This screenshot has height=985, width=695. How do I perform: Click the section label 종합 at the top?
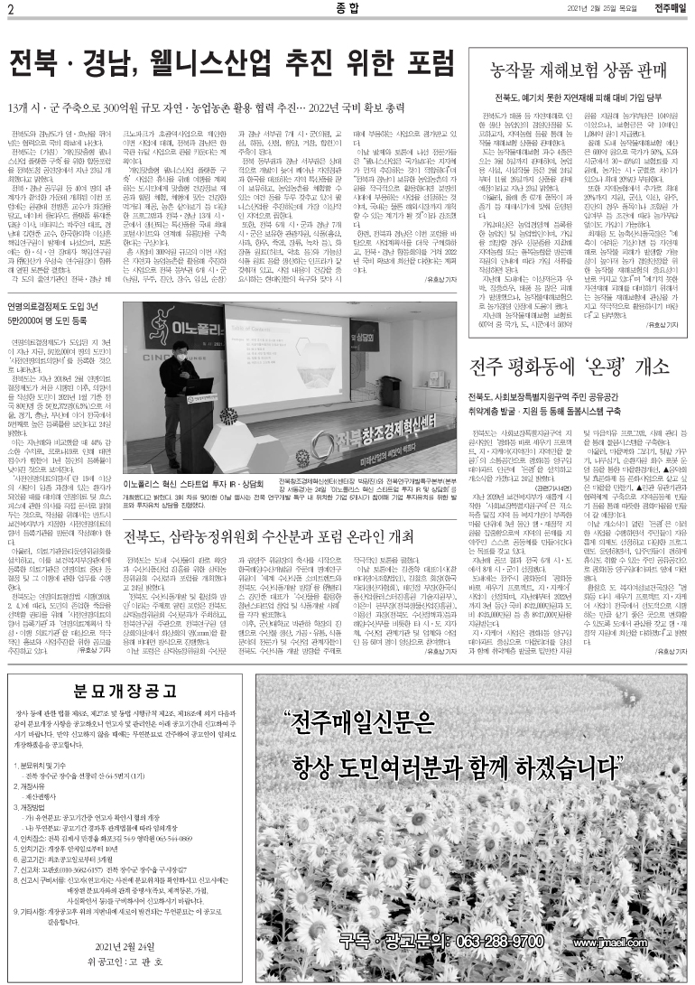click(x=347, y=10)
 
